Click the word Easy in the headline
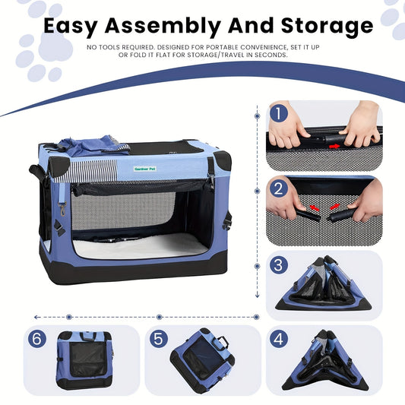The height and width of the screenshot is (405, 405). (71, 27)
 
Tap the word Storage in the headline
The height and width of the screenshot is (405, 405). (327, 27)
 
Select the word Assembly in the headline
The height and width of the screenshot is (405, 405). (163, 27)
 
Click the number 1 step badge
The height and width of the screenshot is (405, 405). (279, 113)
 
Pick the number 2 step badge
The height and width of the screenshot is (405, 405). (279, 188)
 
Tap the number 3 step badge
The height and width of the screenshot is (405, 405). (279, 264)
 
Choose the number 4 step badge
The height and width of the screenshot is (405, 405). (279, 339)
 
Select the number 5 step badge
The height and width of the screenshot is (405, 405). (159, 339)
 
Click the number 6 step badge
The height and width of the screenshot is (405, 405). (37, 339)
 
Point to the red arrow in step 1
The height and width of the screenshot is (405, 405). (335, 146)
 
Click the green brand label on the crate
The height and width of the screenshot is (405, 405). (145, 169)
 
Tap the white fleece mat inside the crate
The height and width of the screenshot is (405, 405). (141, 247)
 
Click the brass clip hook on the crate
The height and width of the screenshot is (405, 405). (63, 209)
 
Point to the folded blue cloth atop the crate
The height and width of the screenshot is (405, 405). (93, 146)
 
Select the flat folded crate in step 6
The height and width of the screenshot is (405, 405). (84, 360)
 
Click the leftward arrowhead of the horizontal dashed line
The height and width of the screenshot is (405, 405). (36, 317)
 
